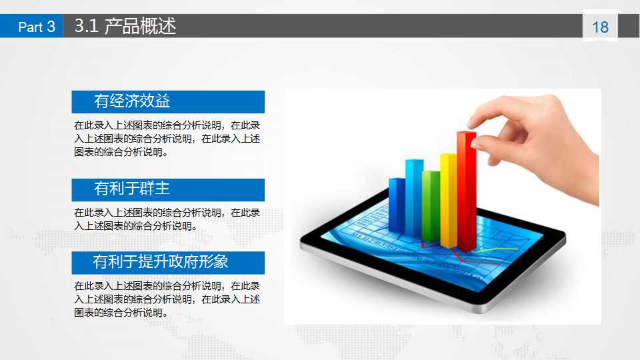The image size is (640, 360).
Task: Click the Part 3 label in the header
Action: pos(36,27)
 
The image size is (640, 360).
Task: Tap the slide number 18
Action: pos(600,27)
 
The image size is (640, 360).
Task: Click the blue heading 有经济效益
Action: pos(132,101)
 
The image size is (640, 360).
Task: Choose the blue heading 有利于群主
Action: pos(132,189)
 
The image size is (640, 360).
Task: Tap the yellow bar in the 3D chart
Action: pos(448,200)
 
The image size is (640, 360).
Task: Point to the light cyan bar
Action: pos(414,197)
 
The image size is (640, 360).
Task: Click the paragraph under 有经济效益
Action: pos(167,138)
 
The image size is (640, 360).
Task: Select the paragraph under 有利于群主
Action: pos(167,219)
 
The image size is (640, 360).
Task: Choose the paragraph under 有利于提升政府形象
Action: pos(167,299)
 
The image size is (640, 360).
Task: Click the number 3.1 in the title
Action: pos(87,26)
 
